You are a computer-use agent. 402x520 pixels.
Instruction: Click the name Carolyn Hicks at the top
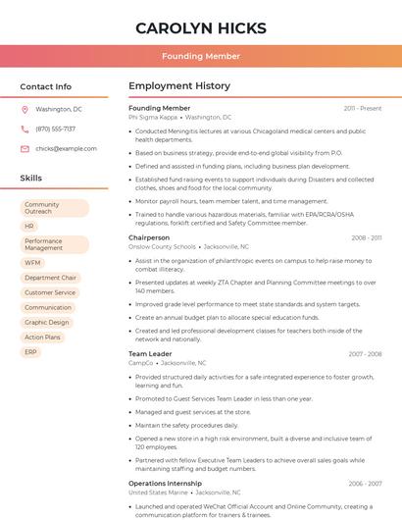click(x=200, y=27)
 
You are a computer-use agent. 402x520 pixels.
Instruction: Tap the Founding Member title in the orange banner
click(x=200, y=56)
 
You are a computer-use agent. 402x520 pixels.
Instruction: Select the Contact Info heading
click(x=46, y=86)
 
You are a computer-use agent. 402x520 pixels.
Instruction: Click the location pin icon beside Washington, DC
click(x=25, y=110)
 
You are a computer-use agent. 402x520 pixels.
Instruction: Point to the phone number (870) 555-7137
click(x=55, y=129)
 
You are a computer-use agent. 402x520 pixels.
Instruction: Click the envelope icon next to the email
click(x=25, y=148)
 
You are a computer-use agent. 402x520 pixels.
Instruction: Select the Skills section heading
click(x=31, y=178)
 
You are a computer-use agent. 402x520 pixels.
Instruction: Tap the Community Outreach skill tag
click(x=54, y=208)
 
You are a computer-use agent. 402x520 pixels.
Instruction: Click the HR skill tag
click(x=29, y=227)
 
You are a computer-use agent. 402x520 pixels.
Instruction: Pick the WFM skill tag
click(x=33, y=263)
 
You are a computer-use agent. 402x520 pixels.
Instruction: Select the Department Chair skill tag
click(x=50, y=278)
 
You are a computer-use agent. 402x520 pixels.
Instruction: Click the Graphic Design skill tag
click(x=47, y=322)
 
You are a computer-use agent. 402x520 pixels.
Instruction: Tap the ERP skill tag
click(x=30, y=351)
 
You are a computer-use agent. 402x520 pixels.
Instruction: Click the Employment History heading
click(x=178, y=86)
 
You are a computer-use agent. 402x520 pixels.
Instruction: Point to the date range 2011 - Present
click(x=362, y=108)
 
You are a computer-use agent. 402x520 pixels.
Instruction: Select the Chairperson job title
click(x=149, y=237)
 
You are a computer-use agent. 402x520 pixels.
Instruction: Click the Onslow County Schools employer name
click(x=162, y=247)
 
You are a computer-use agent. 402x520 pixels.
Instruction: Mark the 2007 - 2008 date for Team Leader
click(x=365, y=354)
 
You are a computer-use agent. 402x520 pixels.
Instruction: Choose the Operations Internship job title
click(x=166, y=483)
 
